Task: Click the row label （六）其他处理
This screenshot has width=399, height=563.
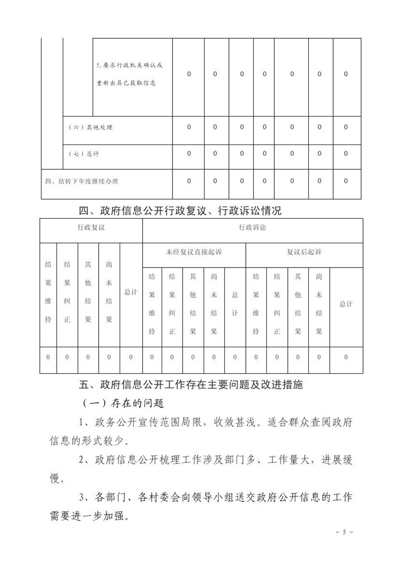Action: click(x=90, y=127)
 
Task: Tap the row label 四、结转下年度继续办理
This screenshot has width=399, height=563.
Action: click(x=81, y=181)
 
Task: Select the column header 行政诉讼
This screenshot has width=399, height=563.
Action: click(x=252, y=227)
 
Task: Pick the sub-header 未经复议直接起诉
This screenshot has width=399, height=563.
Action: click(x=194, y=252)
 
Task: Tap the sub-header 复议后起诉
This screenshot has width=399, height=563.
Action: click(x=304, y=252)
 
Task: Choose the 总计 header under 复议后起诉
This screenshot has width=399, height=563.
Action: click(x=346, y=303)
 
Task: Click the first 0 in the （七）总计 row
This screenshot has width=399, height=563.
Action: click(x=189, y=153)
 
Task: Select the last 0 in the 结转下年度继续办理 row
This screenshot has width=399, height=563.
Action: click(x=346, y=181)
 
